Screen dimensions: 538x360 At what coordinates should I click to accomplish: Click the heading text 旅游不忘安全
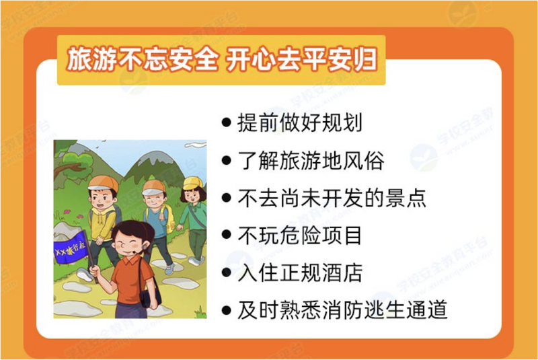click(143, 60)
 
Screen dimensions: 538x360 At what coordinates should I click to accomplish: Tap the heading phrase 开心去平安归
click(302, 60)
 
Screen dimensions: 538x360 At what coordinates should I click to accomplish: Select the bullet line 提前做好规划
click(300, 122)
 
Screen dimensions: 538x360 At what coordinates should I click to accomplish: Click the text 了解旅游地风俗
click(311, 160)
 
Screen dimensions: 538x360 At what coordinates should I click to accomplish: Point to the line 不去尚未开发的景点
click(332, 198)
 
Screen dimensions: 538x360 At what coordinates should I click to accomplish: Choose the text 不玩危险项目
click(300, 236)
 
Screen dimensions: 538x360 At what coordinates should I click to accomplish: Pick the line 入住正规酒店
click(300, 273)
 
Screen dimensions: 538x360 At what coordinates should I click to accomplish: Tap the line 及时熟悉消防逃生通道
click(342, 310)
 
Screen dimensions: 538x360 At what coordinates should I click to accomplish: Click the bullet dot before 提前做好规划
click(226, 123)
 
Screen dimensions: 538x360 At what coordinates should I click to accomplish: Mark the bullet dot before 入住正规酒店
click(226, 273)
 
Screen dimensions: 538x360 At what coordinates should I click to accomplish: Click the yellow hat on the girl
click(193, 183)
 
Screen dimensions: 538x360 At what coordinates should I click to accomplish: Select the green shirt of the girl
click(193, 216)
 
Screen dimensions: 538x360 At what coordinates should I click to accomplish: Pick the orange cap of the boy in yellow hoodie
click(102, 184)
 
